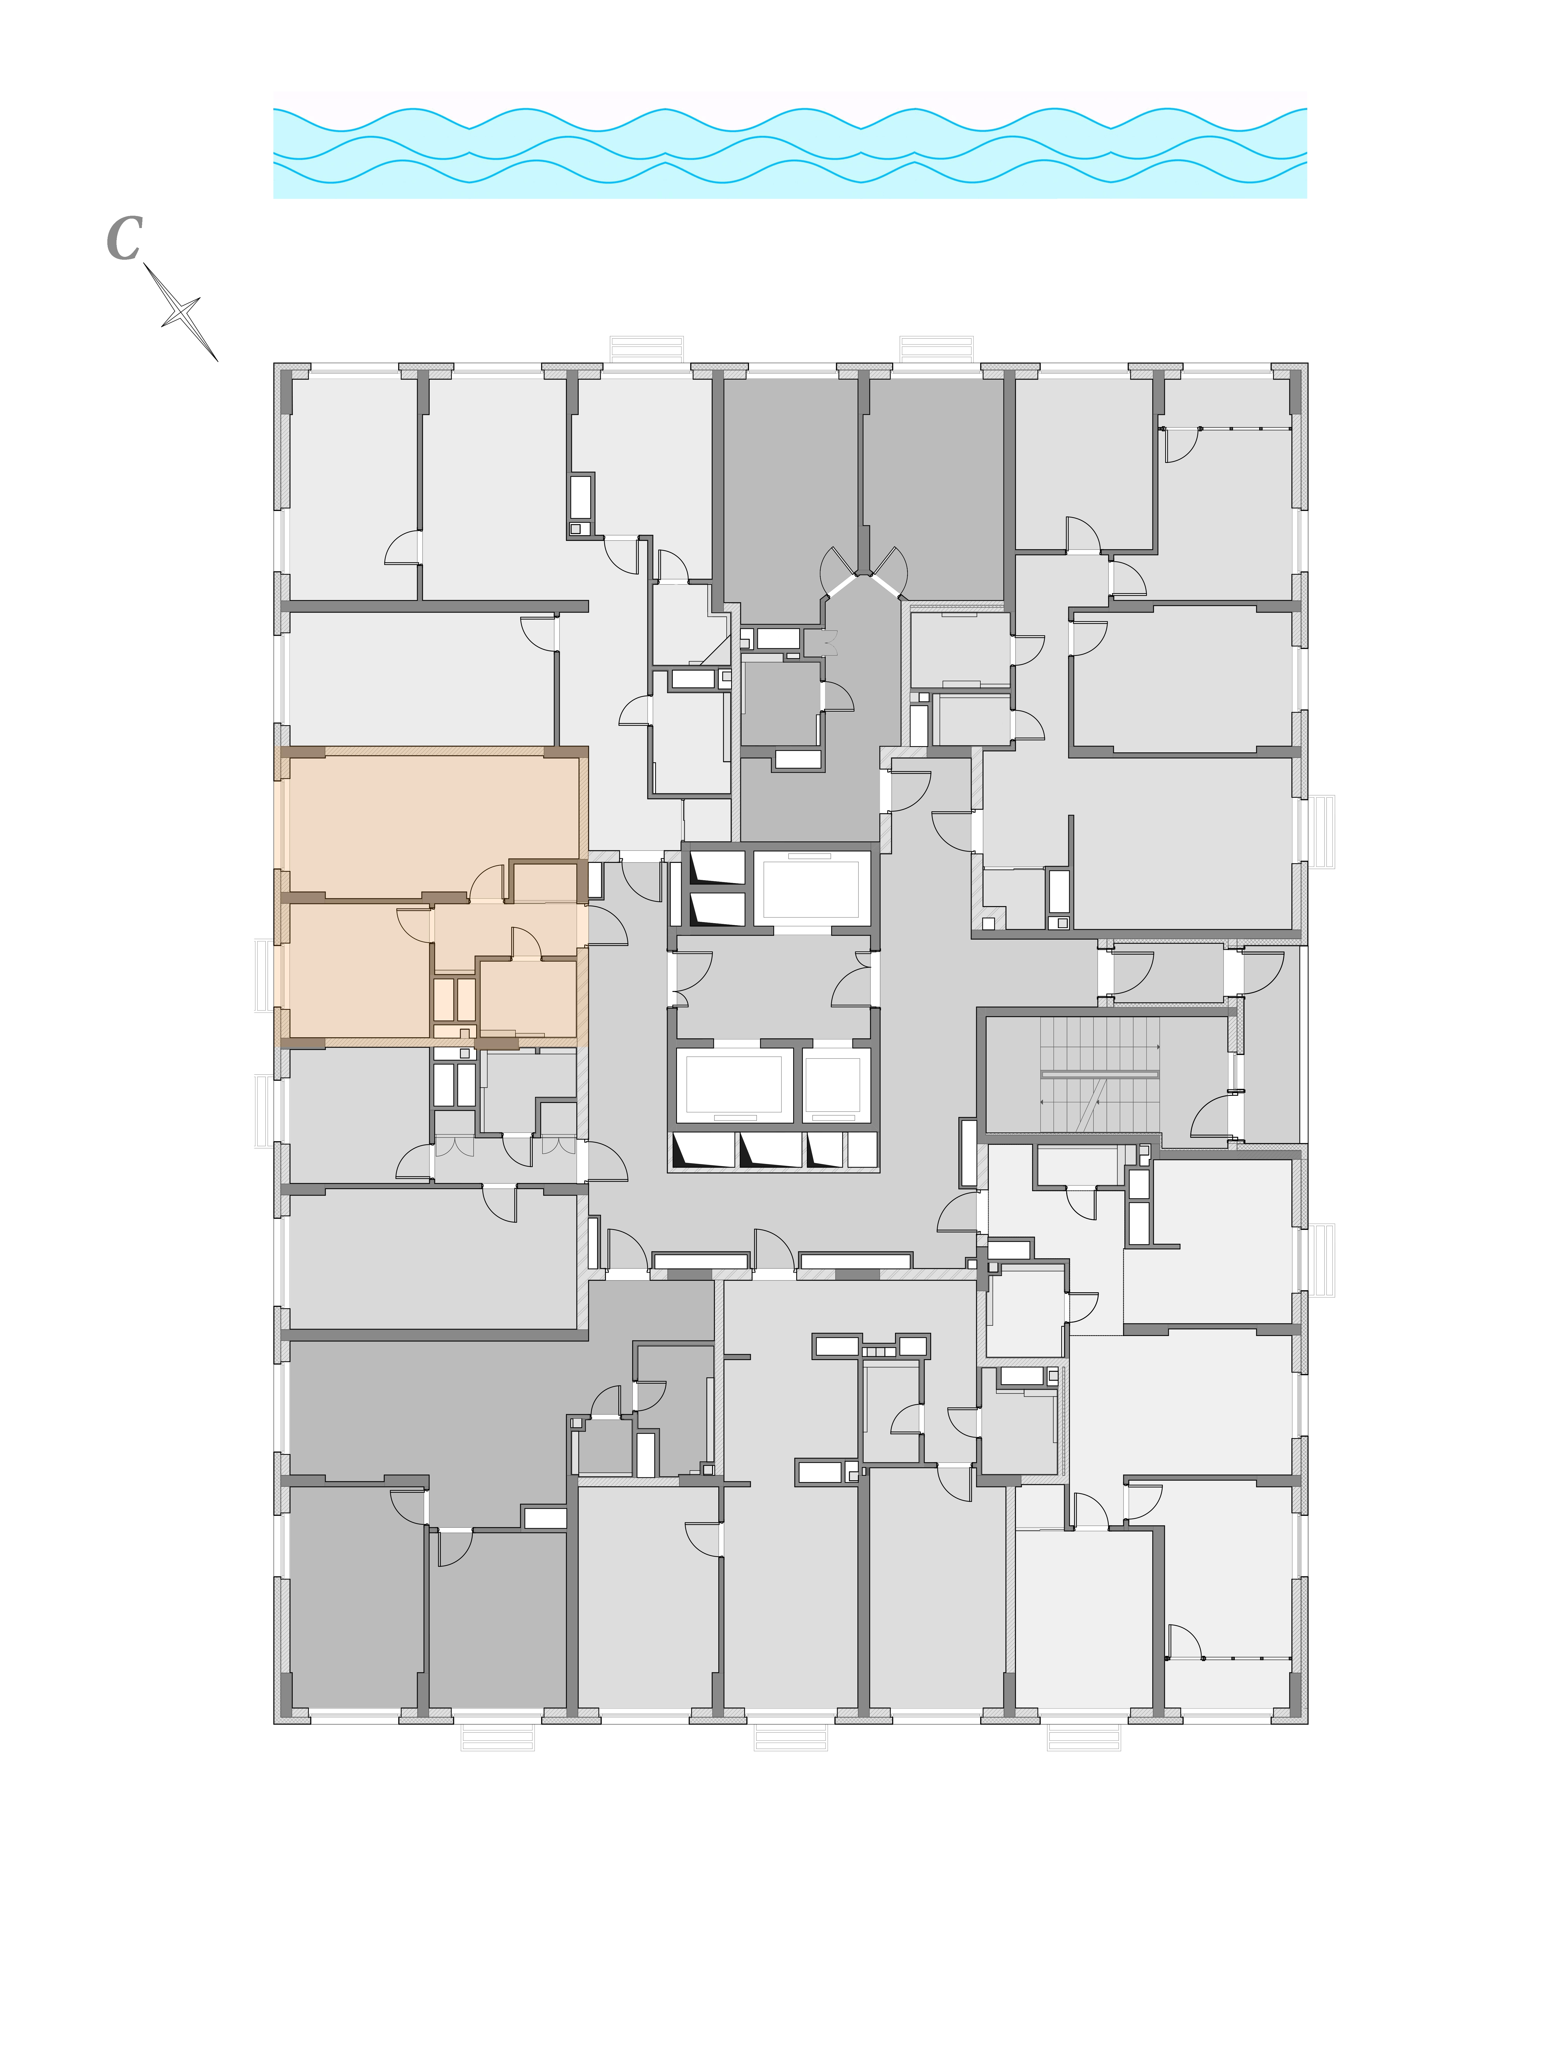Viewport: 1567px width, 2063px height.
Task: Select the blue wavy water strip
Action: coord(790,152)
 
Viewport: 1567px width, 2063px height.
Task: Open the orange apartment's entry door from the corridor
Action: coord(606,925)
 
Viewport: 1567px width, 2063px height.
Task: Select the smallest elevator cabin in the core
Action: coord(833,1085)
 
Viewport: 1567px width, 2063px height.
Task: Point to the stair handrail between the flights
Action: coord(1100,1074)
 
